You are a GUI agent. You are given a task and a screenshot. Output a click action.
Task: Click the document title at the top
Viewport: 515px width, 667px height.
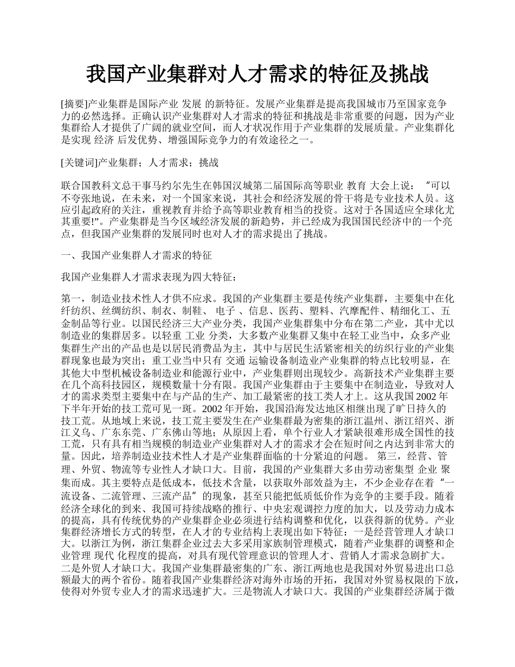pyautogui.click(x=257, y=74)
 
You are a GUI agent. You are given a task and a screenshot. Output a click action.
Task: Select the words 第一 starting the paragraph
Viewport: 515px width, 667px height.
pyautogui.click(x=71, y=298)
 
